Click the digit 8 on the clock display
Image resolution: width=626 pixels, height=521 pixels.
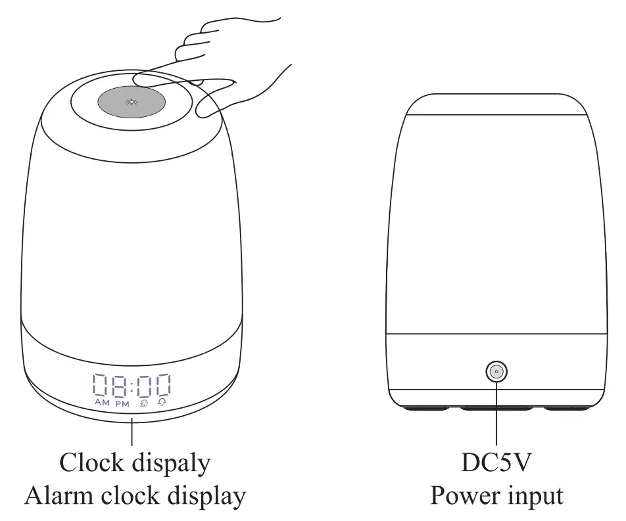click(118, 386)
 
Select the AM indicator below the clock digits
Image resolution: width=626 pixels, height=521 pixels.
click(102, 403)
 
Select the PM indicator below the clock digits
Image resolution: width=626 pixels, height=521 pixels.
click(122, 403)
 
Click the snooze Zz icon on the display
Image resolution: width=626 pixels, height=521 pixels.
click(143, 403)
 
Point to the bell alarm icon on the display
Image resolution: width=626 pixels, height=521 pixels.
click(162, 403)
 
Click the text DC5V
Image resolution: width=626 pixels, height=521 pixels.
click(496, 463)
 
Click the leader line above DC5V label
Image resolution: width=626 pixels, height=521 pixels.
click(496, 414)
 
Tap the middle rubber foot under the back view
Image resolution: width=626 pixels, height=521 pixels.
click(496, 409)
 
